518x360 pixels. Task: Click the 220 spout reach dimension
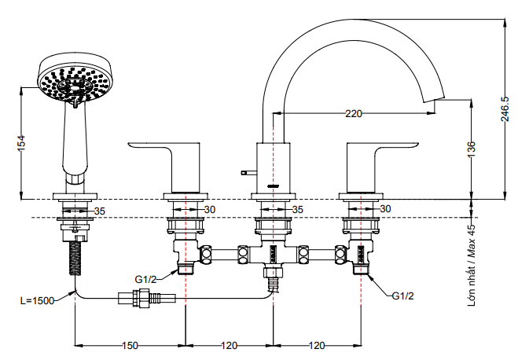pyautogui.click(x=354, y=114)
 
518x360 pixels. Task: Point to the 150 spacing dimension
pyautogui.click(x=130, y=345)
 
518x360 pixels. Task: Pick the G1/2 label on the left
pyautogui.click(x=145, y=279)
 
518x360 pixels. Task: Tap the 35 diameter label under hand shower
pyautogui.click(x=99, y=211)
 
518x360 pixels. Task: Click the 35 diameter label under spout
pyautogui.click(x=297, y=210)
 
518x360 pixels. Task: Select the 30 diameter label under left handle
pyautogui.click(x=209, y=210)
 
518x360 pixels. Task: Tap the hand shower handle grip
pyautogui.click(x=76, y=141)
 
